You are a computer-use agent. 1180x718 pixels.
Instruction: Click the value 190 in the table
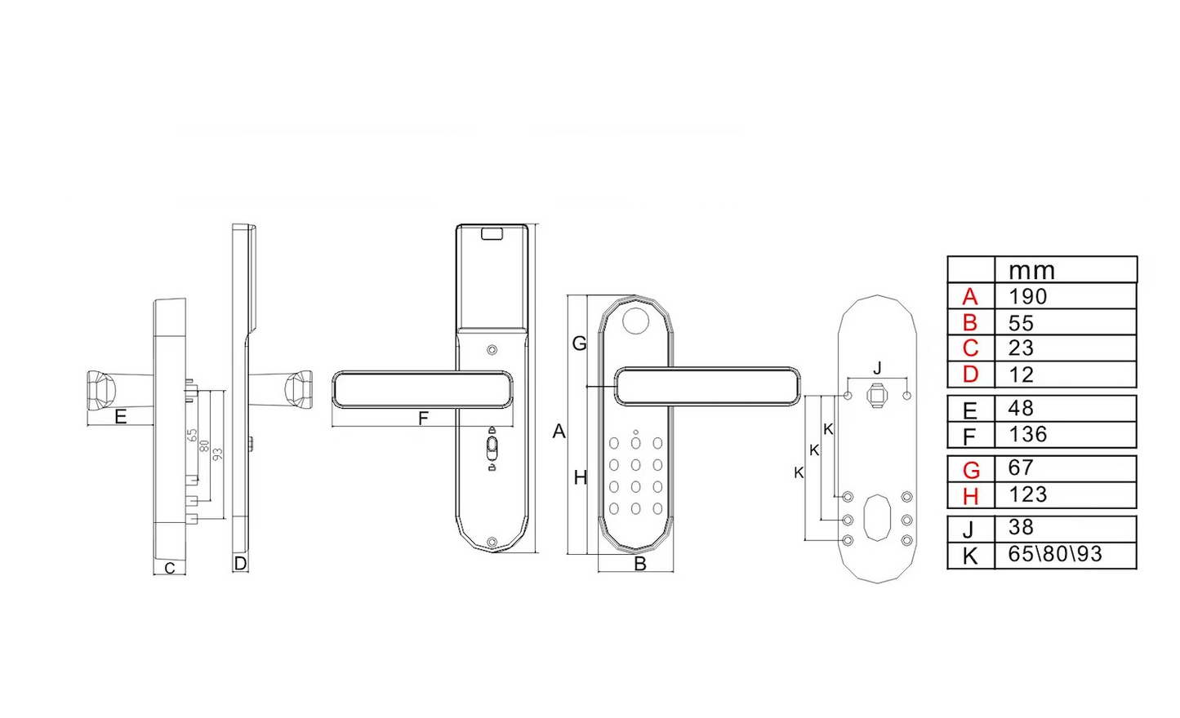[x=1027, y=296]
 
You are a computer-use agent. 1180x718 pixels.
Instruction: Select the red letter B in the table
[x=970, y=322]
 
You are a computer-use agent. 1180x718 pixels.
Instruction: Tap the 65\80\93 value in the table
[x=1054, y=554]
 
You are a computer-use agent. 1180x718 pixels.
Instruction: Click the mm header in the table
[x=1031, y=271]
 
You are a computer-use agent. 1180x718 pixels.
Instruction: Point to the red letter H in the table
[x=970, y=496]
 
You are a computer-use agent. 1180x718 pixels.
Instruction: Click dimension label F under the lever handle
[x=423, y=419]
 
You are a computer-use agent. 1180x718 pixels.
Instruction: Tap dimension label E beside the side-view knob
[x=121, y=417]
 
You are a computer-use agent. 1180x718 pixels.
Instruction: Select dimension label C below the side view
[x=170, y=569]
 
